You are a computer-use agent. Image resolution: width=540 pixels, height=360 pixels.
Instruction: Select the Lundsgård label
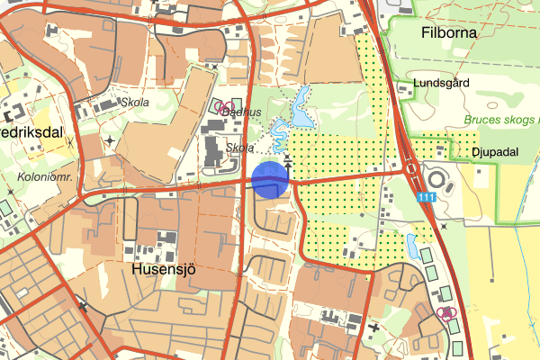[442, 84]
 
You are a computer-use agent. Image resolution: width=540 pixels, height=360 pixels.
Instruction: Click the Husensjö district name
[163, 268]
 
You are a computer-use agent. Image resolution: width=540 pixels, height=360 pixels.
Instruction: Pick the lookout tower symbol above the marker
[288, 161]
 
